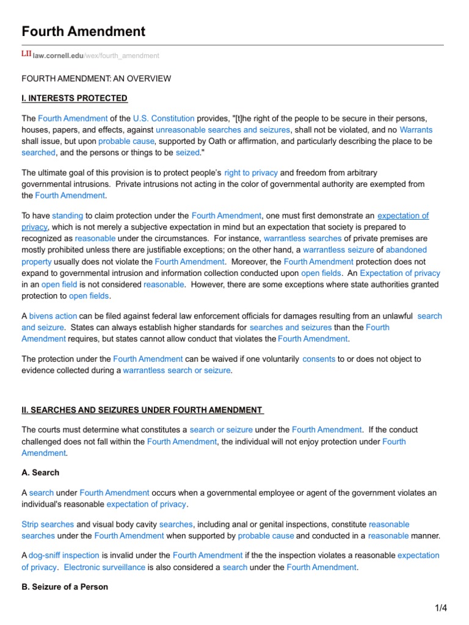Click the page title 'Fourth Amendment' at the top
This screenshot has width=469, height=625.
point(83,31)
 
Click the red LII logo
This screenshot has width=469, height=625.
point(26,55)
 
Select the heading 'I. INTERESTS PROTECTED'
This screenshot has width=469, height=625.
point(75,98)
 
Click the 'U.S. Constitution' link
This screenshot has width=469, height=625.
point(163,118)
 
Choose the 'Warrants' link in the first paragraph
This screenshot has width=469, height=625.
point(415,129)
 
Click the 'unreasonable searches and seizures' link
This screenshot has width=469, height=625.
point(223,129)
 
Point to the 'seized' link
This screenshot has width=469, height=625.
point(187,153)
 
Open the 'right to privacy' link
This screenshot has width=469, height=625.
point(250,173)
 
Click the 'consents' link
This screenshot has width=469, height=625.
point(318,359)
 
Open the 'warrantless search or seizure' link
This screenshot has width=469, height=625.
point(176,370)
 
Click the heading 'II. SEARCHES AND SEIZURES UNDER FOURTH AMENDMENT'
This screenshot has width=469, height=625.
point(142,410)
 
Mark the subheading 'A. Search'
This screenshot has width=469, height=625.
point(40,472)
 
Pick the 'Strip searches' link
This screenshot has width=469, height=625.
point(48,524)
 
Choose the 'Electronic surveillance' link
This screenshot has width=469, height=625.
point(104,567)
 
